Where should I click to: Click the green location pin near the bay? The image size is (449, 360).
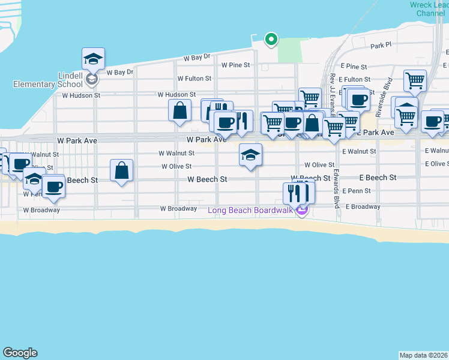271,40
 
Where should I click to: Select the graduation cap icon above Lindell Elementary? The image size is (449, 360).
93,59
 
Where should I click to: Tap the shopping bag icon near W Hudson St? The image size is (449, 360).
179,110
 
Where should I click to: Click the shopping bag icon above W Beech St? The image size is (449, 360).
122,170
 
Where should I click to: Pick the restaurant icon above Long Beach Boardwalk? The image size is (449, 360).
298,193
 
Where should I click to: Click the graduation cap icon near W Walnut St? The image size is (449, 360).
250,155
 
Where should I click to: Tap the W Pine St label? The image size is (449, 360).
235,65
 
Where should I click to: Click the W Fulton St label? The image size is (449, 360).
194,79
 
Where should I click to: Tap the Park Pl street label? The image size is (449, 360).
381,46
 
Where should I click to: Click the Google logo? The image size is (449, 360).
20,353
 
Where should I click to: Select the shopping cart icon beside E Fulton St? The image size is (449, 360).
415,80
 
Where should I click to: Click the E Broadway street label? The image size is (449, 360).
363,206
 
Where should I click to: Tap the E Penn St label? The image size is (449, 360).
357,191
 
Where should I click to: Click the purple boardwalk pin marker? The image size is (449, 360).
302,210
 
